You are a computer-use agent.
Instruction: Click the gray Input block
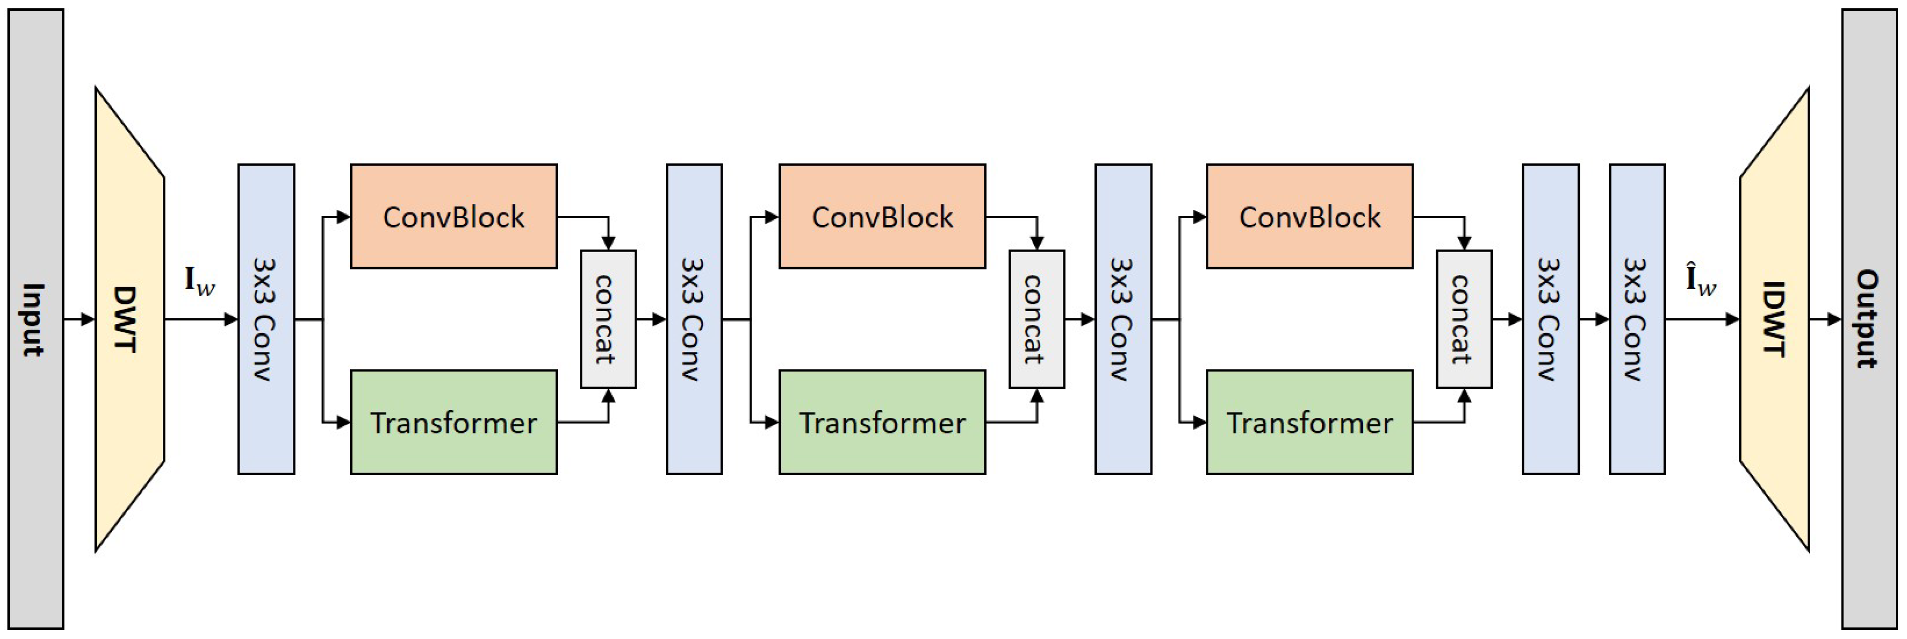click(36, 319)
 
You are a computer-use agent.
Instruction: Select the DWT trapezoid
click(129, 319)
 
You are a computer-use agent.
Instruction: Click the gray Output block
click(1868, 319)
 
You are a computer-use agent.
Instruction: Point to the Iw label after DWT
click(199, 281)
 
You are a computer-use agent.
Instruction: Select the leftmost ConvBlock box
click(453, 216)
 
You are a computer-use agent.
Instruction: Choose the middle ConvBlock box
click(882, 216)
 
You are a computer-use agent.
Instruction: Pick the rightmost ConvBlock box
click(1309, 216)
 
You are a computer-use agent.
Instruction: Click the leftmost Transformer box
click(453, 422)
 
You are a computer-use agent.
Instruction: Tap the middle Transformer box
click(882, 422)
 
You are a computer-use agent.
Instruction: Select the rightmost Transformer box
click(1309, 422)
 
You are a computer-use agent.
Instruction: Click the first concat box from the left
click(608, 319)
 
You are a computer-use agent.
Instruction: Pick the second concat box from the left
click(1037, 319)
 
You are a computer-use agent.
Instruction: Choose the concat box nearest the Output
click(1464, 319)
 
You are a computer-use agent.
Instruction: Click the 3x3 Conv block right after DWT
click(266, 319)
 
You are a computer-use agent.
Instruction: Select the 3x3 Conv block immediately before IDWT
click(1637, 319)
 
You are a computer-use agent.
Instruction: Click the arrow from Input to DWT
click(79, 319)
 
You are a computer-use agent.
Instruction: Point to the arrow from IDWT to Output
click(1825, 319)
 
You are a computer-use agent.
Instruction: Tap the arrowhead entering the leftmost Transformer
click(343, 422)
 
